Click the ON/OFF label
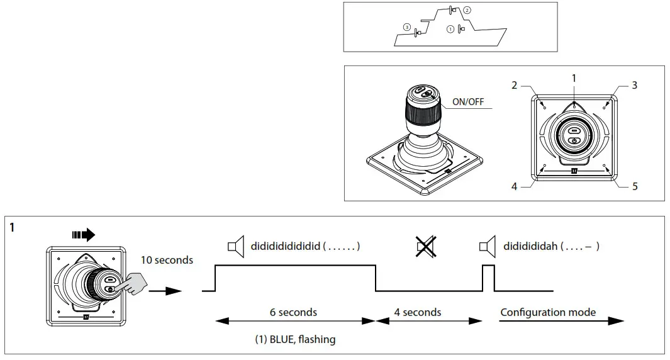[x=468, y=101]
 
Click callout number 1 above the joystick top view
[x=574, y=78]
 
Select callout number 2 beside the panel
[x=514, y=85]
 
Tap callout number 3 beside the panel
[x=634, y=85]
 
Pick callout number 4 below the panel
[x=514, y=187]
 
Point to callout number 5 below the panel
[x=635, y=187]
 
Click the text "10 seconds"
[x=167, y=260]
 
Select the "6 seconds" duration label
[x=293, y=312]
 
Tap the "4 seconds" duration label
[x=418, y=312]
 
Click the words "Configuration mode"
[x=548, y=312]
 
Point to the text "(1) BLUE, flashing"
[x=295, y=339]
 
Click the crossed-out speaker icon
[x=426, y=247]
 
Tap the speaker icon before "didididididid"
[x=236, y=247]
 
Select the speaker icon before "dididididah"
[x=488, y=247]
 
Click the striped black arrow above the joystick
[x=84, y=235]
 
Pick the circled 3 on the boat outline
[x=407, y=27]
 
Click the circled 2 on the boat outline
[x=467, y=11]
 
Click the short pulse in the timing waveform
[x=488, y=278]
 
